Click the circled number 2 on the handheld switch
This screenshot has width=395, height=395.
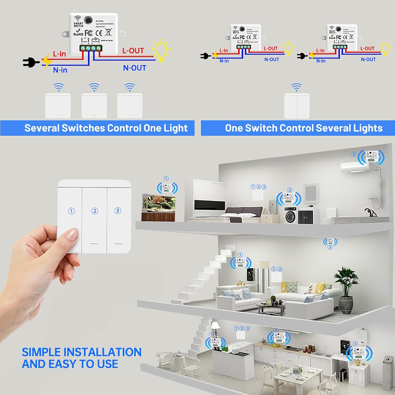(95, 211)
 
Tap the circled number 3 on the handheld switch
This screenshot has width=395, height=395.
(117, 211)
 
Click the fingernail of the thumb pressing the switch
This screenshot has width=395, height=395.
(72, 234)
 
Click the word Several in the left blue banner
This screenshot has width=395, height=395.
(42, 128)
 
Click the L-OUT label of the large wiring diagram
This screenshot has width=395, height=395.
(133, 51)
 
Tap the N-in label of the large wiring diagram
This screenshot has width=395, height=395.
(60, 70)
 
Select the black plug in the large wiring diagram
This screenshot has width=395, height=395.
(30, 62)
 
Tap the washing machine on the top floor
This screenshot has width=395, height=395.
(290, 216)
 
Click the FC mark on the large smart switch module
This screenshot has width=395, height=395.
(88, 33)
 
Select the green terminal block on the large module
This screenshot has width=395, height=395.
(91, 48)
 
